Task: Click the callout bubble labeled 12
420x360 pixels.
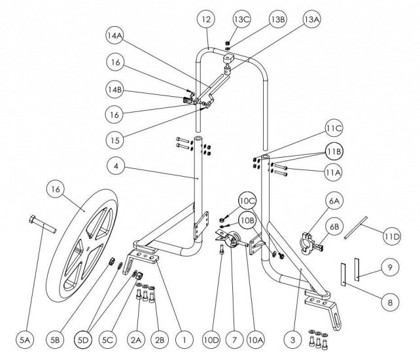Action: (x=206, y=22)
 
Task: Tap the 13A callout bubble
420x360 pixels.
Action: (x=311, y=20)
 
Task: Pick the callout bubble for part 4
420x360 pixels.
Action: (x=116, y=166)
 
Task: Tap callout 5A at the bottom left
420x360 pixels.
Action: (x=26, y=339)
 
